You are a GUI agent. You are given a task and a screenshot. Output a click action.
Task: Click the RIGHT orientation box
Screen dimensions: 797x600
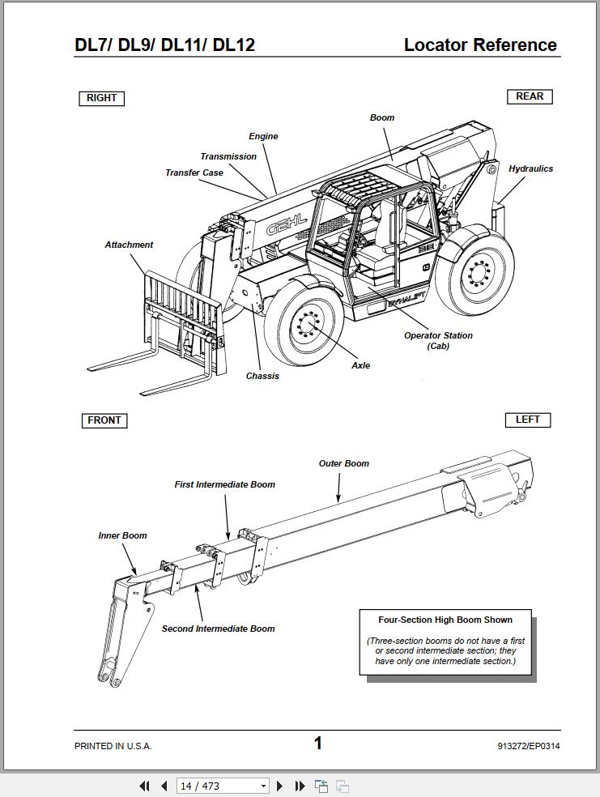point(101,98)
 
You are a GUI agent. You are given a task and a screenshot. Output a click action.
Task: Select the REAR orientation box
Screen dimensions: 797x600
point(530,96)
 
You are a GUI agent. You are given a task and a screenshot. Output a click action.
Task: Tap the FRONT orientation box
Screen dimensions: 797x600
point(104,420)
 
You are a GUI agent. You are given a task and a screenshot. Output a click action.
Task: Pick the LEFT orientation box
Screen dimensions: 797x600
point(527,420)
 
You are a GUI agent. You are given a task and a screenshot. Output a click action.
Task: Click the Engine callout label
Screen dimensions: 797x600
point(263,137)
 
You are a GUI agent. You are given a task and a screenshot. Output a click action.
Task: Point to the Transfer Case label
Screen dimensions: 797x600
point(194,173)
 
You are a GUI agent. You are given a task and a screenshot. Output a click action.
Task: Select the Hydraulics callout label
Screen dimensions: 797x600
point(530,169)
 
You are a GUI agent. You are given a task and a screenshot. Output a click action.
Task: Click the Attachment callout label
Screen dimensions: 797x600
point(129,245)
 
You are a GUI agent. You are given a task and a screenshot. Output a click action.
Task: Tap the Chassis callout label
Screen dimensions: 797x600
point(262,376)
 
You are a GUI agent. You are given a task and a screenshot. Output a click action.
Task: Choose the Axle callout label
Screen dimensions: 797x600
point(360,365)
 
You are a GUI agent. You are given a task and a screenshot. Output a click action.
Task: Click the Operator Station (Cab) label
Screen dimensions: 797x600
point(438,340)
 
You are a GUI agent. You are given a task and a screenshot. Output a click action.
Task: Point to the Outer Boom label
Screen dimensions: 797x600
point(343,464)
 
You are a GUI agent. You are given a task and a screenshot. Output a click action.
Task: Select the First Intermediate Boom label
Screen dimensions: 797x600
point(225,485)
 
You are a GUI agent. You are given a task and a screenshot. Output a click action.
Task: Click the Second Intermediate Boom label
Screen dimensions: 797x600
point(218,629)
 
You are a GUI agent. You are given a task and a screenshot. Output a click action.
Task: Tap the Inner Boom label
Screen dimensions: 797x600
point(122,535)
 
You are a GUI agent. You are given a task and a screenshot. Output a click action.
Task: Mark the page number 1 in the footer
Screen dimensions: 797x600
point(318,743)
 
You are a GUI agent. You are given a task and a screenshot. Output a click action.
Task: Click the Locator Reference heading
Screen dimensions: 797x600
point(480,45)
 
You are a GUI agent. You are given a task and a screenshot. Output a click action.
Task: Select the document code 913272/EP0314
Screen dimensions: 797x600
point(529,746)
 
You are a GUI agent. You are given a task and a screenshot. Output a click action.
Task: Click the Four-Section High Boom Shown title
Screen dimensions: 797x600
point(445,620)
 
